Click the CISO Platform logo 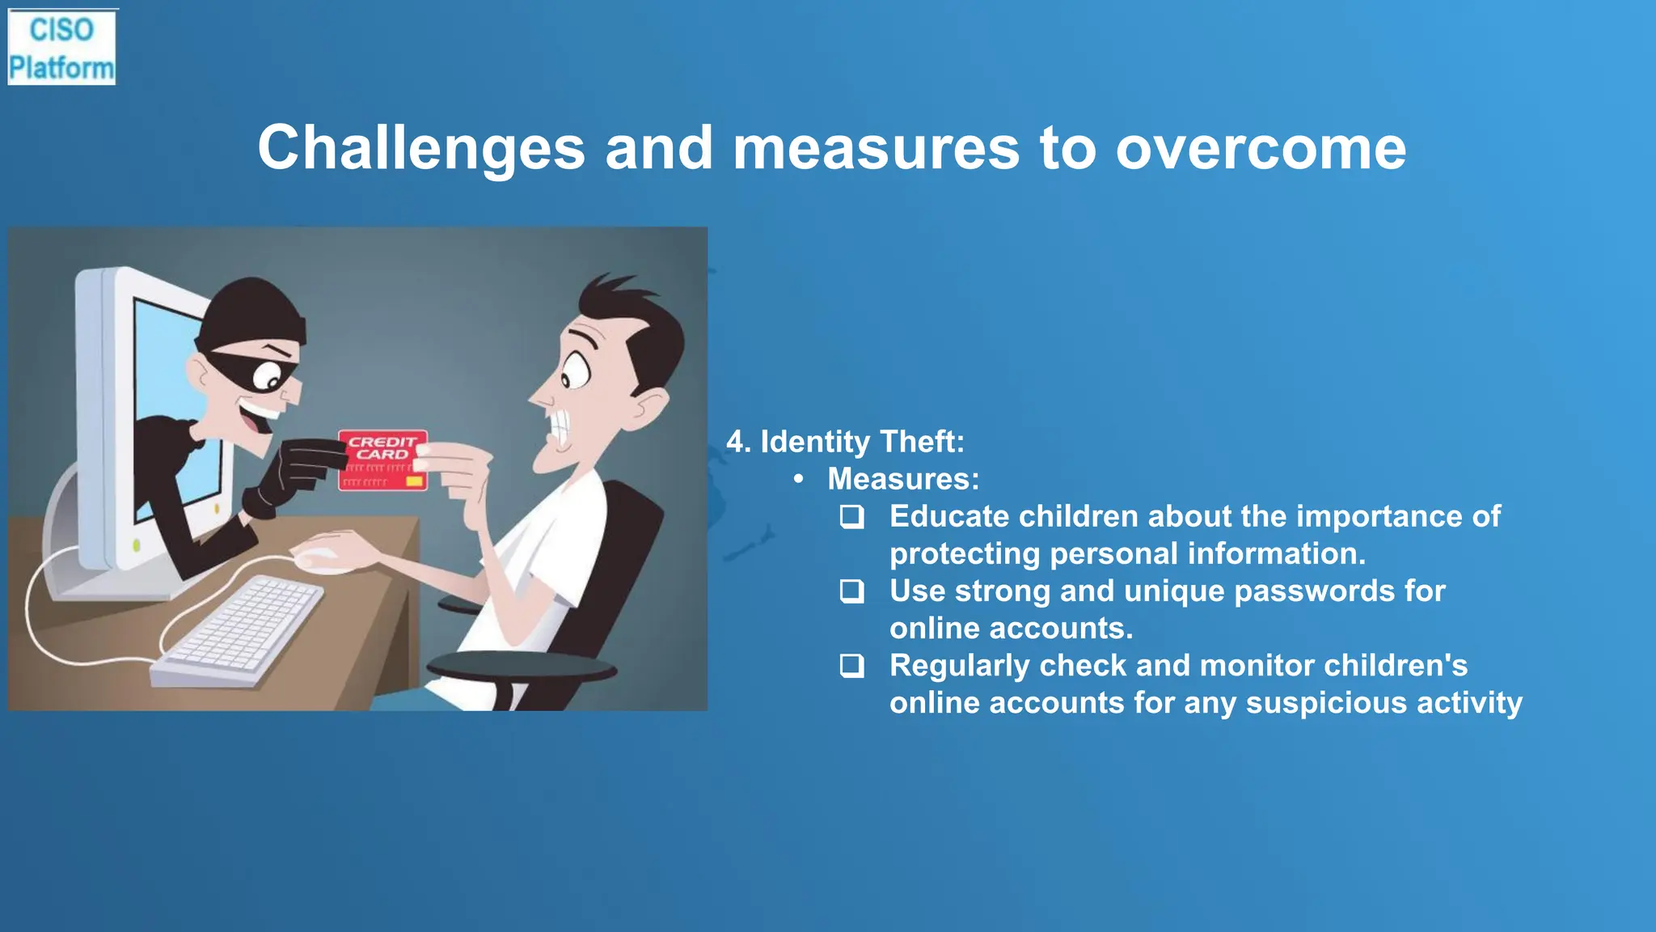(61, 48)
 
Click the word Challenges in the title (421, 148)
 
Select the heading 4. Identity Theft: (845, 442)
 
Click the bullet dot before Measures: (798, 480)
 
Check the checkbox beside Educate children (851, 517)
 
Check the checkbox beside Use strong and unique (851, 591)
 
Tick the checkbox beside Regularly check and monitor (851, 666)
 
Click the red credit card (382, 460)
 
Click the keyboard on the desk (239, 631)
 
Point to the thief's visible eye (266, 375)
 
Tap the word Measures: (903, 480)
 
